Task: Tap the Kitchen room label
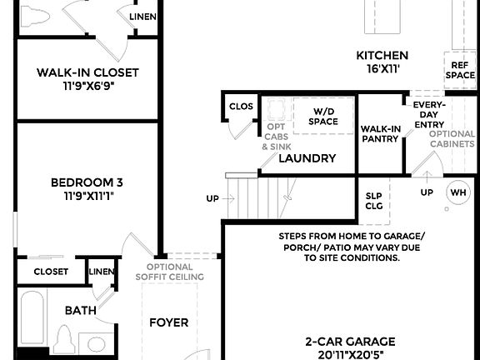click(382, 62)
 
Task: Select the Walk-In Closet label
click(87, 79)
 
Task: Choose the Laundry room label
click(307, 157)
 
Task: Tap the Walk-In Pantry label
click(381, 133)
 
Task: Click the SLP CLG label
click(374, 202)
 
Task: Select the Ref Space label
click(460, 69)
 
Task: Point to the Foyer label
click(168, 322)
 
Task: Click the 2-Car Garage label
click(350, 347)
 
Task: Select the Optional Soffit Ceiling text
click(169, 272)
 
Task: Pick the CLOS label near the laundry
click(241, 107)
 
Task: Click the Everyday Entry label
click(429, 115)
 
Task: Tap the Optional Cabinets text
click(452, 138)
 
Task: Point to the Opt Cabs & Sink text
click(276, 137)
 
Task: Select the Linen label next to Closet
click(102, 271)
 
